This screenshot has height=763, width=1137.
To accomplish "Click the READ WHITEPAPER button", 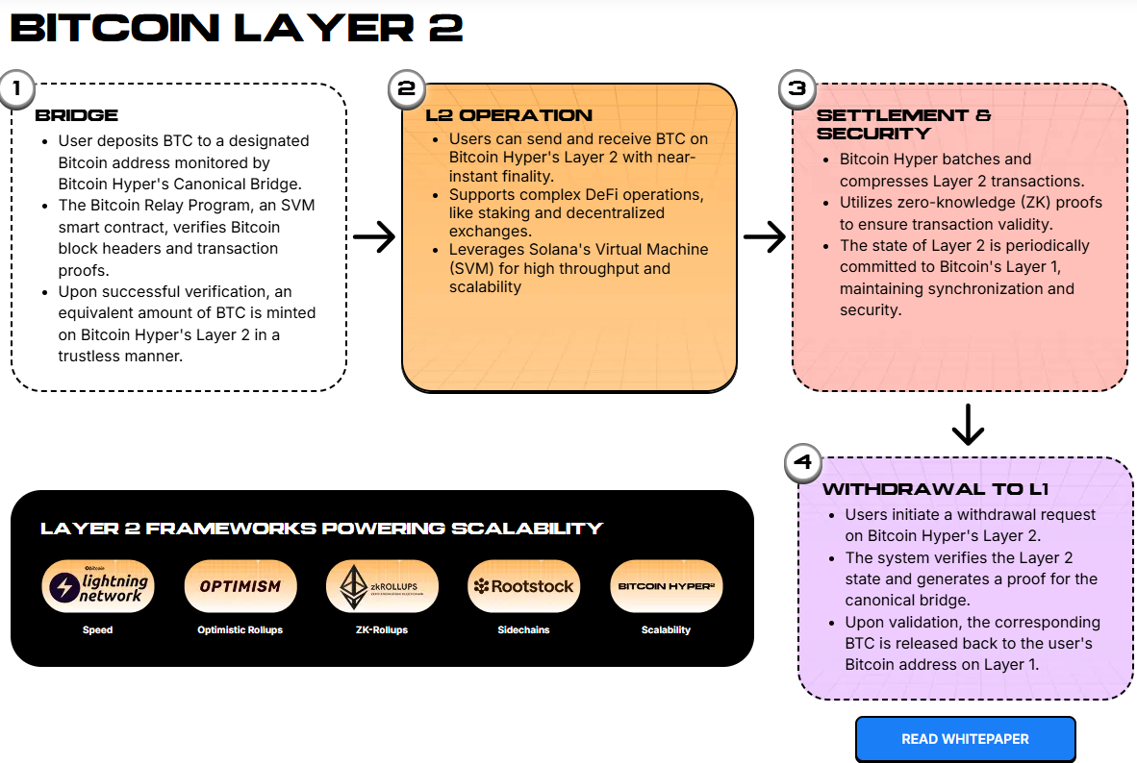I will coord(965,739).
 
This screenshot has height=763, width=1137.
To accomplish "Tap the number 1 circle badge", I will coord(14,89).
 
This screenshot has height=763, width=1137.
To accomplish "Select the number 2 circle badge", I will coord(406,89).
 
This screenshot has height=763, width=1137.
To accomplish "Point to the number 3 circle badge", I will coord(796,89).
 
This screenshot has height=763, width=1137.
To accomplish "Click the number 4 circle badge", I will coord(803,463).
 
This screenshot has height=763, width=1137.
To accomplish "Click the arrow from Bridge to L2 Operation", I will coord(374,237).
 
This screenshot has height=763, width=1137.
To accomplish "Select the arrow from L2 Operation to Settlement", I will coord(765,237).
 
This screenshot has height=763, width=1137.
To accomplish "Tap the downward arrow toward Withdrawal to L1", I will coord(967,425).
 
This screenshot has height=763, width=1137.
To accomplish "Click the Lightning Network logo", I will coord(98,586).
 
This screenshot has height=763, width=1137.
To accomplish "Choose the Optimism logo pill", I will coord(240,586).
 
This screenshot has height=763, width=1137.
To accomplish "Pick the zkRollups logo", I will coord(382,586).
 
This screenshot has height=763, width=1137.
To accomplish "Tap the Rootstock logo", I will coord(524,586).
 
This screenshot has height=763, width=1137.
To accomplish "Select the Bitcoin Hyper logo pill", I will coord(667,586).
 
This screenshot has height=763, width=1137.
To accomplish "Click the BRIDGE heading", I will coord(77,115).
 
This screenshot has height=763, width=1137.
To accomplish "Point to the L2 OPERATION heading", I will coord(509,115).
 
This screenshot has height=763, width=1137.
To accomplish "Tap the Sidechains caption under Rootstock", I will coord(524,630).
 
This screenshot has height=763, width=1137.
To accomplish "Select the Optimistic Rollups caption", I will coord(240,630).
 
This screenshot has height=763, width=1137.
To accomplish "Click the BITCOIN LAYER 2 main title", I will coord(237,28).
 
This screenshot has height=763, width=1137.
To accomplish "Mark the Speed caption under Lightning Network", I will coord(98,630).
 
